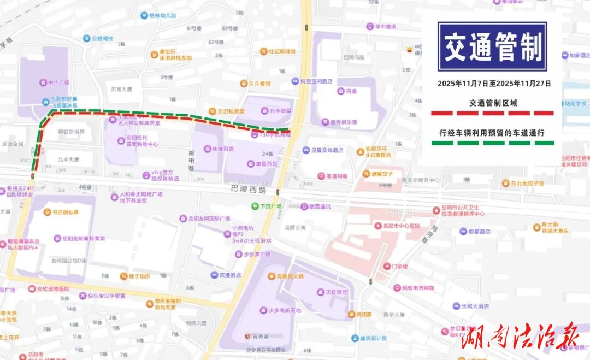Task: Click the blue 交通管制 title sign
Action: pyautogui.click(x=492, y=46)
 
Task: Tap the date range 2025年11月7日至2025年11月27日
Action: pyautogui.click(x=494, y=84)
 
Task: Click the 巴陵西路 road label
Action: pyautogui.click(x=248, y=190)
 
